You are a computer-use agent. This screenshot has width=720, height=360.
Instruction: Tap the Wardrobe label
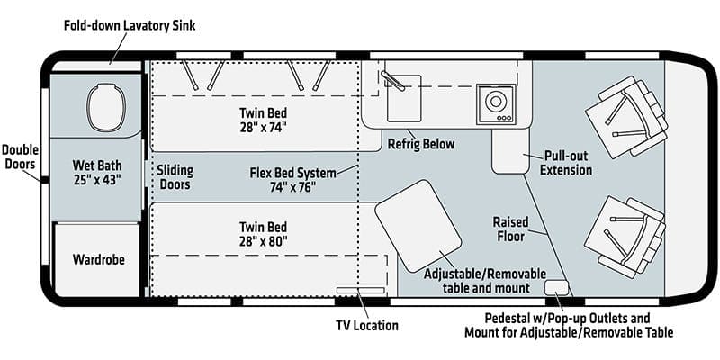pos(98,260)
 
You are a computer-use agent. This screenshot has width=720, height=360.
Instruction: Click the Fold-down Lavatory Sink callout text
pos(130,25)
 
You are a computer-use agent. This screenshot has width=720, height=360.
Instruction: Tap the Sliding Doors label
pos(175,177)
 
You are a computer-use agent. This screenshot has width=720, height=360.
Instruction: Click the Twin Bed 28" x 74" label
pos(265,121)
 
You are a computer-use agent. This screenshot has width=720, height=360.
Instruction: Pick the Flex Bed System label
pos(292,180)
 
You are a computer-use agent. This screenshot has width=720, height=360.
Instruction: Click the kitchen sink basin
pos(402,104)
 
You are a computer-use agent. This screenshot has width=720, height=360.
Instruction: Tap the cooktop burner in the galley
pos(495,103)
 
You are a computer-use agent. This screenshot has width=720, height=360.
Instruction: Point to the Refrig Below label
pos(421,144)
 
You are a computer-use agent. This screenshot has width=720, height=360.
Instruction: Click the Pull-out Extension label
pos(567,162)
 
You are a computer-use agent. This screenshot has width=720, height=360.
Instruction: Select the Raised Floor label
pos(510,229)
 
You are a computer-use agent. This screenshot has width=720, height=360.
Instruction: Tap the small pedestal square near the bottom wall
pos(557,288)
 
